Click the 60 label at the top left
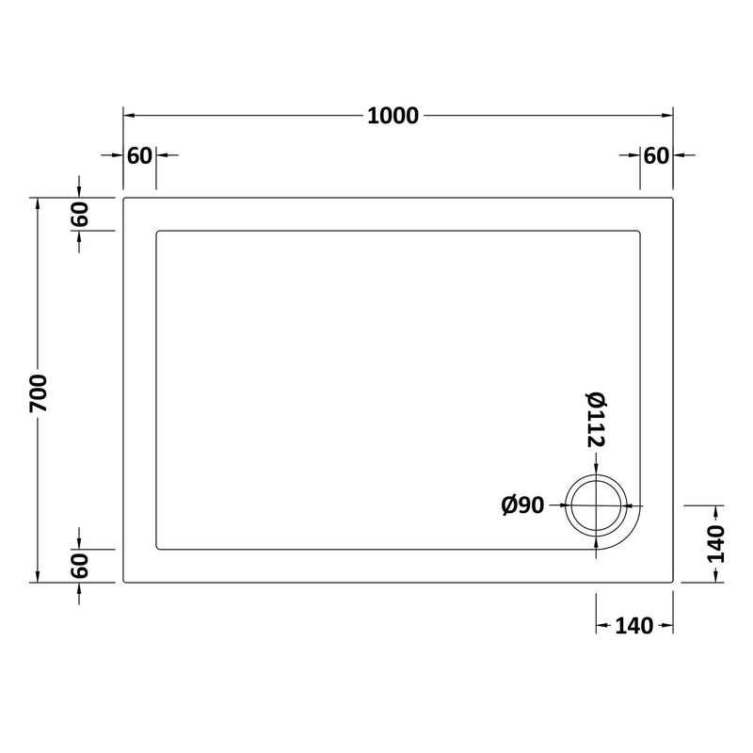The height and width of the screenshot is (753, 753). (x=139, y=155)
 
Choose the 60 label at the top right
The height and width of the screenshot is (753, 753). (x=656, y=155)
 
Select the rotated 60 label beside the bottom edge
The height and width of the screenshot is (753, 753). (x=80, y=566)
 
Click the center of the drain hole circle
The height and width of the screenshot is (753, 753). (x=595, y=505)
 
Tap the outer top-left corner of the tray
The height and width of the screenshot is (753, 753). (x=125, y=199)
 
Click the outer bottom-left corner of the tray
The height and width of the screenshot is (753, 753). (x=125, y=582)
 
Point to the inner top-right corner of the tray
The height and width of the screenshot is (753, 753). (x=640, y=231)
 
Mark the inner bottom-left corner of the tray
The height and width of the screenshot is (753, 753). (x=157, y=550)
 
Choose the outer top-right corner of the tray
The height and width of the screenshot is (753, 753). (x=672, y=199)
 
